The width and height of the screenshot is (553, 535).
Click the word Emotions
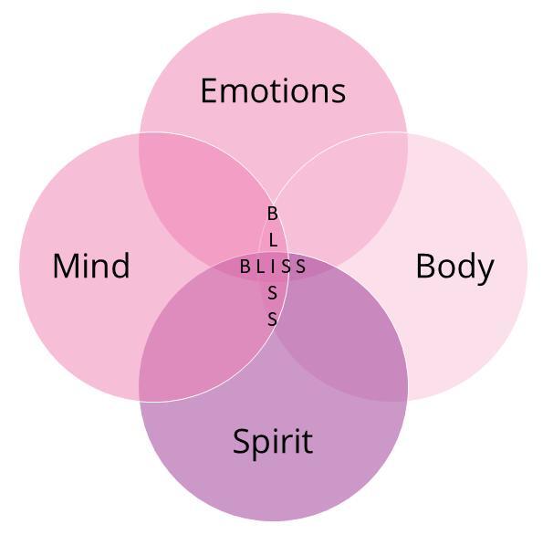273,90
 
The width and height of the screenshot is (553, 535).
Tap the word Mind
91,266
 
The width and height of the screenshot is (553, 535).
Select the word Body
455,267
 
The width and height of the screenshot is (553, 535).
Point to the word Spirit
273,442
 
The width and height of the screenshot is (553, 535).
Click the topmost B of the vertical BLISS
273,214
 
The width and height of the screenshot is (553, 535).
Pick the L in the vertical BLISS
273,240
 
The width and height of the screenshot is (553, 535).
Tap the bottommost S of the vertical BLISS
272,320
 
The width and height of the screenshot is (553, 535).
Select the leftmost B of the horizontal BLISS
245,267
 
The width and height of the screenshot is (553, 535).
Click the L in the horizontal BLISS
260,267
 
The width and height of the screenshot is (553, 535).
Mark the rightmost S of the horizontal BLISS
300,267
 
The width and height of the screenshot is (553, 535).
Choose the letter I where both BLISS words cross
273,267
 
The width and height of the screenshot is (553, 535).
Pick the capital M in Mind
66,266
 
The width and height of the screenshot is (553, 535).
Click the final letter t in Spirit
308,442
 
